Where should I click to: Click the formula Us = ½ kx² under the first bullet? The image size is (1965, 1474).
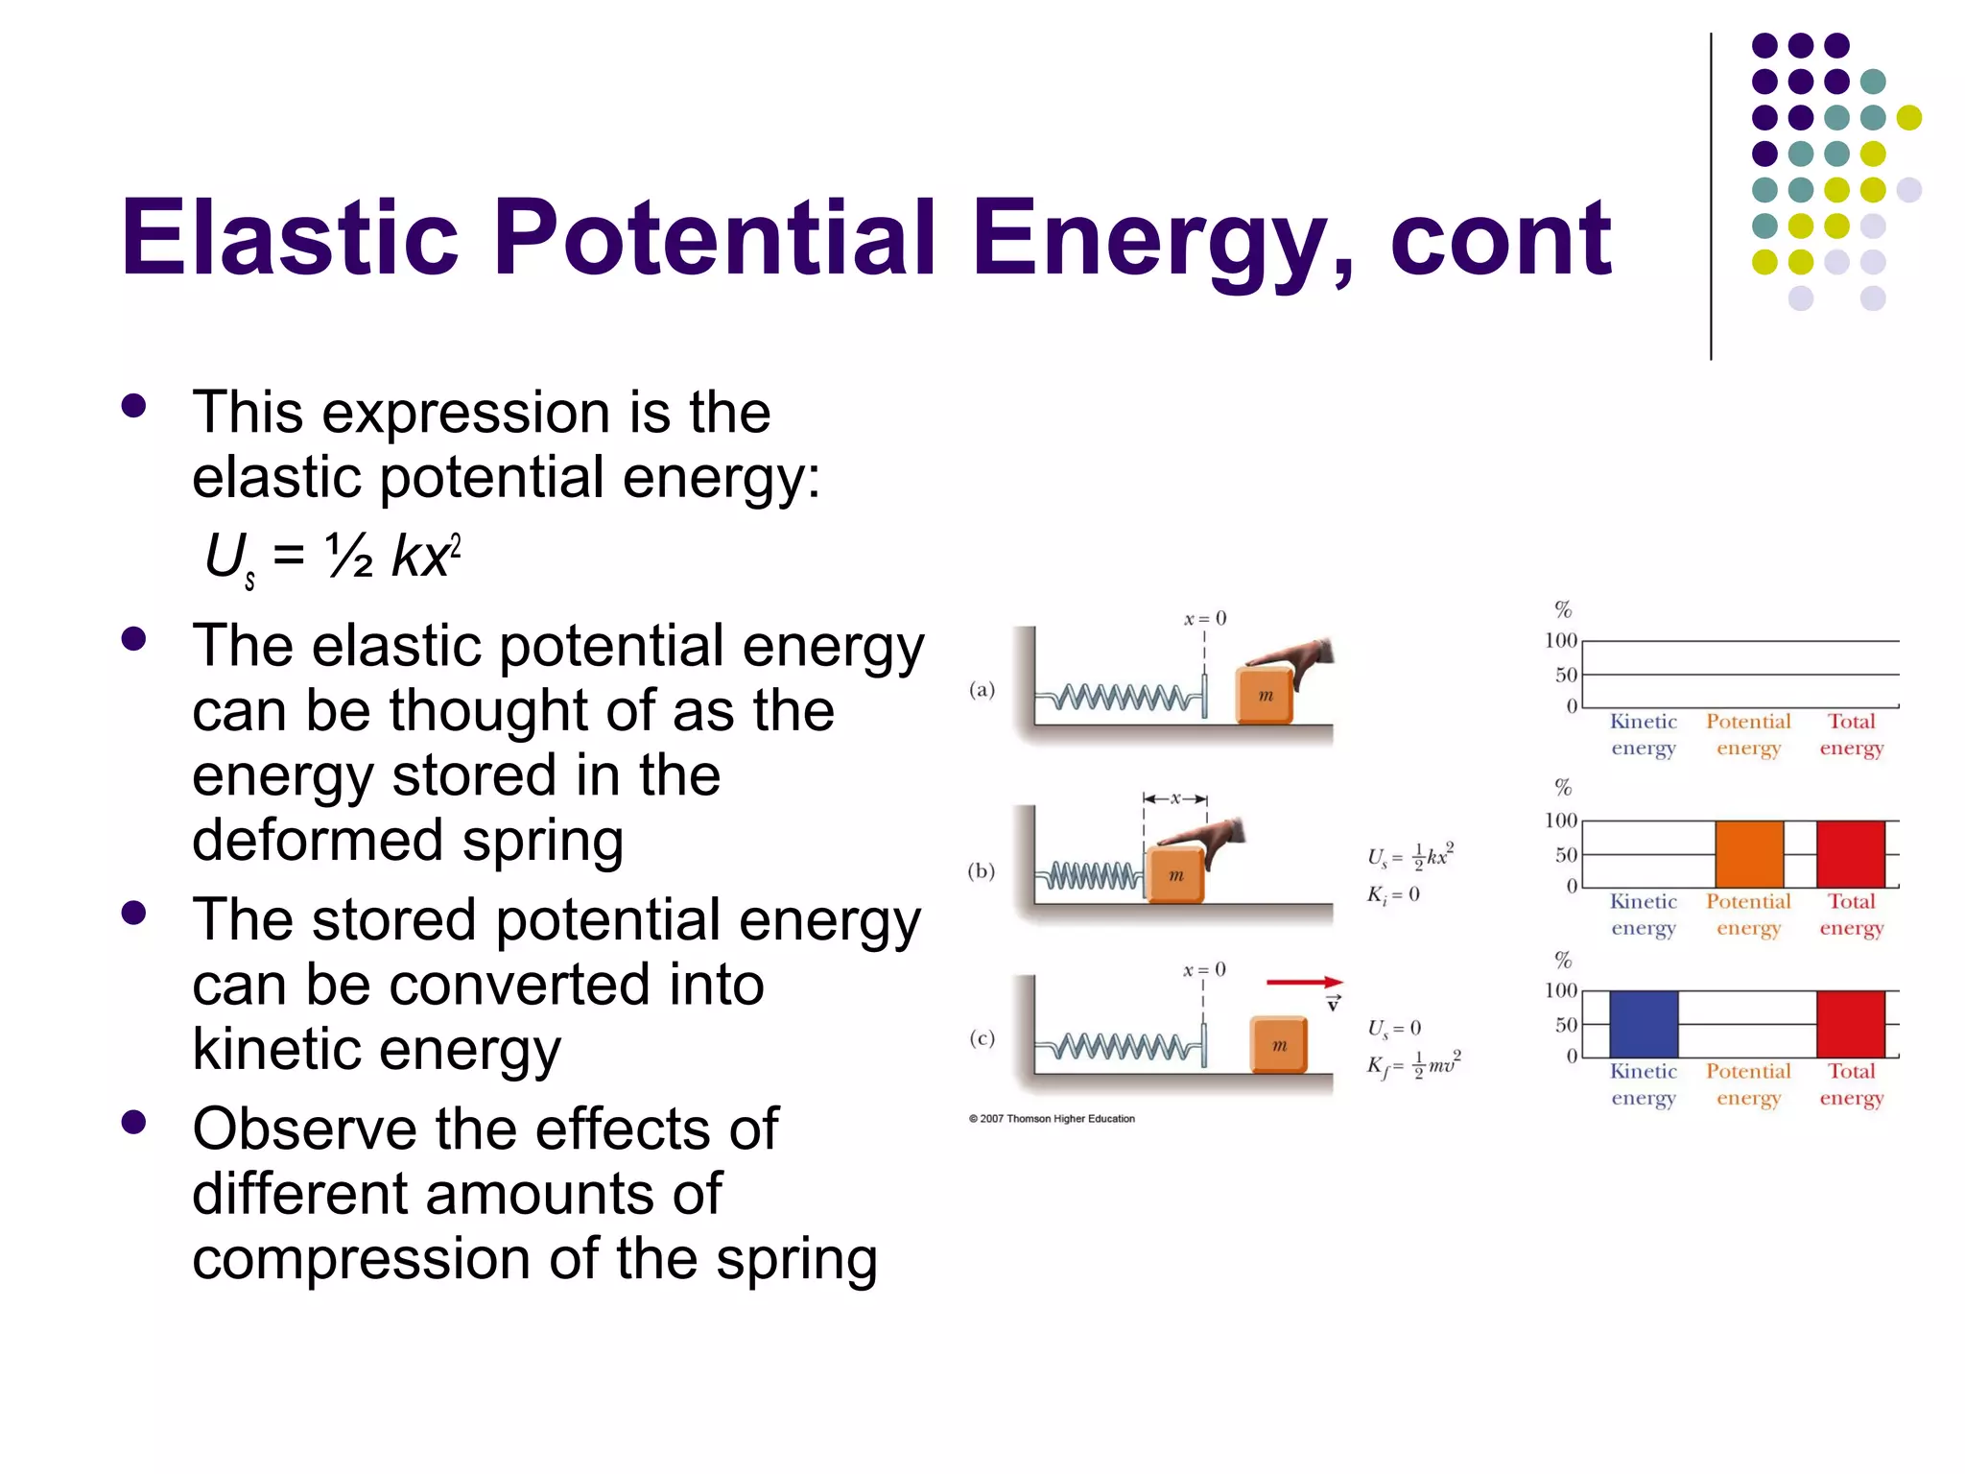click(x=332, y=557)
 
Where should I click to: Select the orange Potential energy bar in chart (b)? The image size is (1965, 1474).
click(x=1749, y=853)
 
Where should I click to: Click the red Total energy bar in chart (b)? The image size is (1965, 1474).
click(x=1850, y=853)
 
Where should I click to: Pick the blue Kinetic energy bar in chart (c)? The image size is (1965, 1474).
click(x=1644, y=1024)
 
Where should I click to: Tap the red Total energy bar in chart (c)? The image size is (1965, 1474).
click(x=1850, y=1024)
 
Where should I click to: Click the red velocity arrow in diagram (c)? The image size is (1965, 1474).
click(x=1303, y=982)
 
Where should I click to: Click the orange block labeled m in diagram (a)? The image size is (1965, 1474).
click(x=1265, y=695)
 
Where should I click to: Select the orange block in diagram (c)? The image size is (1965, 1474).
click(x=1279, y=1045)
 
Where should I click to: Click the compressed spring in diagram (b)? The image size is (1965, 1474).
click(x=1090, y=876)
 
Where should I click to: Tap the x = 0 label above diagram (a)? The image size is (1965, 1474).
click(x=1204, y=619)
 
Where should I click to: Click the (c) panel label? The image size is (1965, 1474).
click(x=982, y=1038)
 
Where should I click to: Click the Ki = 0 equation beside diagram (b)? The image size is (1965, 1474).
click(x=1393, y=895)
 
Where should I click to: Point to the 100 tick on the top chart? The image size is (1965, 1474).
click(x=1560, y=640)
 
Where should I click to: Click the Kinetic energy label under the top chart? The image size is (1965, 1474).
click(x=1643, y=734)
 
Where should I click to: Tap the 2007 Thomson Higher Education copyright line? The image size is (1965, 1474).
click(x=1052, y=1119)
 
